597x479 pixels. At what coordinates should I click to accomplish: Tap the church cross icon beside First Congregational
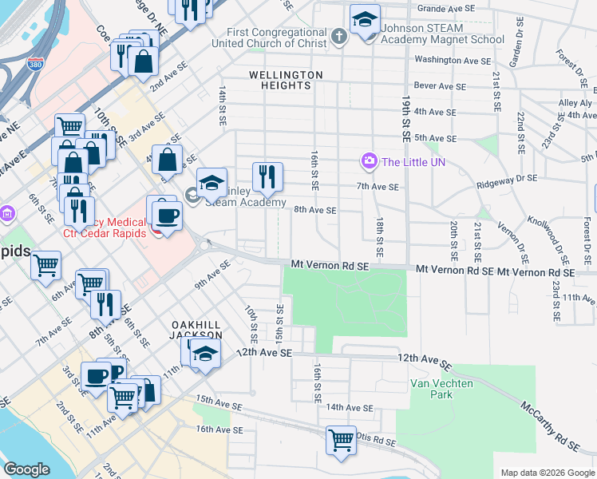[338, 37]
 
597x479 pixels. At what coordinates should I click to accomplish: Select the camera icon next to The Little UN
[369, 162]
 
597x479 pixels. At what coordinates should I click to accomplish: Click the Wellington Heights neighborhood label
[286, 75]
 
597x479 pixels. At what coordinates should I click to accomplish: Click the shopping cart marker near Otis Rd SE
[341, 440]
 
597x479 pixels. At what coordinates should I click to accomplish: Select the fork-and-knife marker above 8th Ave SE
[267, 176]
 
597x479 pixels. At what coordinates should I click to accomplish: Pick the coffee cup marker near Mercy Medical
[167, 215]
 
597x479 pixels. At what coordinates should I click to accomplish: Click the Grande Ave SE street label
[445, 8]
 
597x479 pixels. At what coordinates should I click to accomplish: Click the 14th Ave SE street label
[348, 408]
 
